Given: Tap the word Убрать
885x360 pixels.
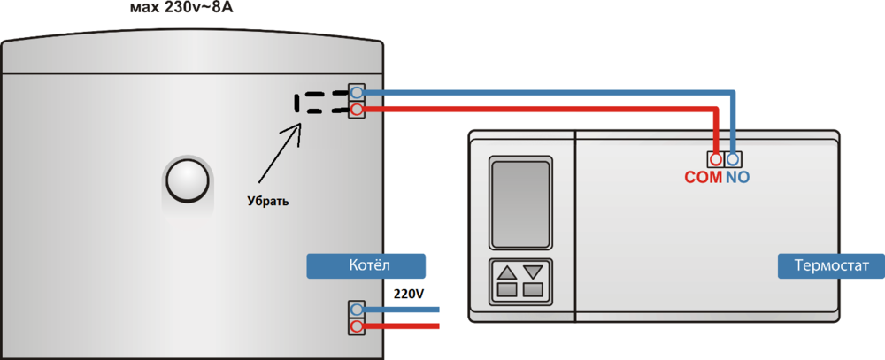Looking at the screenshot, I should tap(268, 201).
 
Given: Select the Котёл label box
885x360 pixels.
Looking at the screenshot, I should tap(366, 265).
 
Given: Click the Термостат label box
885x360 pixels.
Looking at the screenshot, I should tap(830, 266).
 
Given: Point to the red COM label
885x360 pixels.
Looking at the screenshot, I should tap(704, 177).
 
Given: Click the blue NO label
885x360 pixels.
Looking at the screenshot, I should tap(737, 177).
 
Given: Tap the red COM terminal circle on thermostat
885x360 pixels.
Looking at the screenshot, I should tap(716, 158).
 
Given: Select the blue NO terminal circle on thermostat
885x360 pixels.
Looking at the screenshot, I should tap(733, 158).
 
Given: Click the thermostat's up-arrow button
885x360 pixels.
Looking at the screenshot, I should tap(507, 272).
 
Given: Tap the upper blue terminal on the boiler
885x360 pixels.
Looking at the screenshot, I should tap(357, 93).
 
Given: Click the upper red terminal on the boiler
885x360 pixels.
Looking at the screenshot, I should tap(357, 110).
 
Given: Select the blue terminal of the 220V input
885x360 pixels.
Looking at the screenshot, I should tap(357, 310).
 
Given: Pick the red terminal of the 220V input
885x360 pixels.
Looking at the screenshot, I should tap(357, 326).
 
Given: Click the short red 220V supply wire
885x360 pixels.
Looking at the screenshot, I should tap(403, 326).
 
